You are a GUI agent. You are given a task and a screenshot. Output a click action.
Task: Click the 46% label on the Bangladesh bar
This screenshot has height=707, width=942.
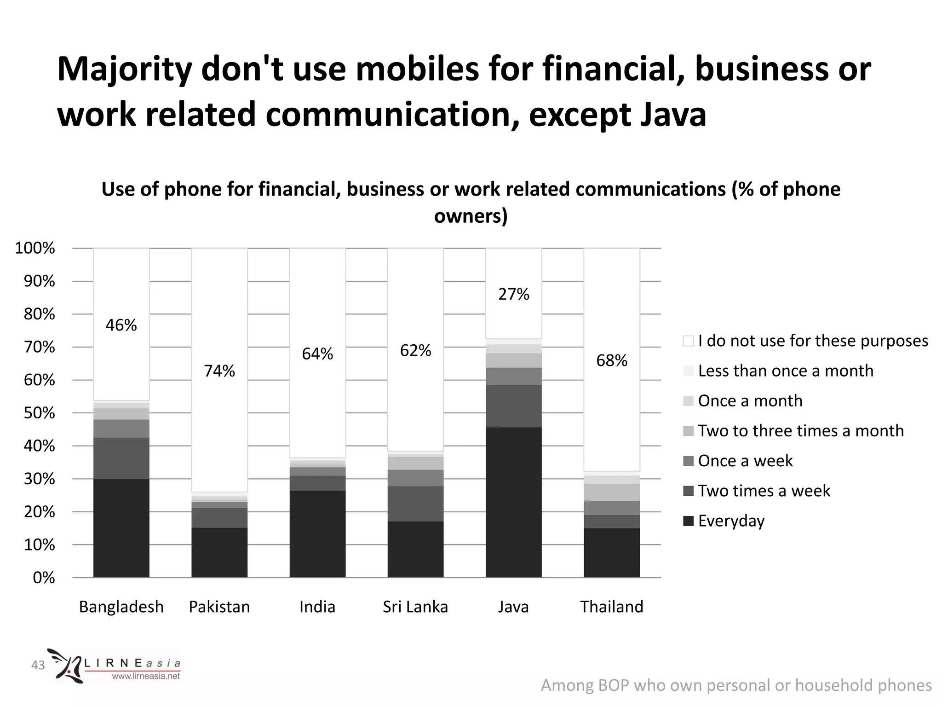tap(121, 325)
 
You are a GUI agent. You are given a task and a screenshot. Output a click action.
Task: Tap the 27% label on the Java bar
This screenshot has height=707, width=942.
tap(514, 294)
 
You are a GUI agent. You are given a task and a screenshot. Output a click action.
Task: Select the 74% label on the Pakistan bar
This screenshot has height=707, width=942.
tap(219, 371)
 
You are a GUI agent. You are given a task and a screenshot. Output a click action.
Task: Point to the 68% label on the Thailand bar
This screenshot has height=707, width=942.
tap(612, 360)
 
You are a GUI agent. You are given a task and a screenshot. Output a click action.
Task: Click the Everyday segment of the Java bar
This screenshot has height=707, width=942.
tap(513, 502)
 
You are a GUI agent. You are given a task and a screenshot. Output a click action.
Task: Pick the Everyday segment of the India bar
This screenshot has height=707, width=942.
tap(317, 534)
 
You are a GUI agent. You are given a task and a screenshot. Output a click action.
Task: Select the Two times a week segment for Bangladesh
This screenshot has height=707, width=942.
tap(121, 458)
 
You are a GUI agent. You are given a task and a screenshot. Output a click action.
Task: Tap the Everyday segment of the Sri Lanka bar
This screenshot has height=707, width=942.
tap(415, 549)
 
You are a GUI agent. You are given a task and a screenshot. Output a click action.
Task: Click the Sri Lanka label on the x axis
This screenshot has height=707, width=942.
tap(415, 607)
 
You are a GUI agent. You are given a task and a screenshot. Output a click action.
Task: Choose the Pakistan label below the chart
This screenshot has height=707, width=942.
tap(219, 607)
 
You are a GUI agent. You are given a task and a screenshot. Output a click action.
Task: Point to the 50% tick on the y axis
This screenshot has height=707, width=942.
tap(40, 413)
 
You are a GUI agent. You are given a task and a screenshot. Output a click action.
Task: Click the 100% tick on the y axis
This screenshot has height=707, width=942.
tap(35, 248)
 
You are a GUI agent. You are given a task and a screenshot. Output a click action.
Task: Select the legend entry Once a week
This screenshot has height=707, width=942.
tap(745, 461)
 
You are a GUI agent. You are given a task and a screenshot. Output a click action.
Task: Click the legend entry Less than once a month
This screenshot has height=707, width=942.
tap(785, 371)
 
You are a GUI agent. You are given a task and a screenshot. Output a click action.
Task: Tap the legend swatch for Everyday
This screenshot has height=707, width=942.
tap(688, 521)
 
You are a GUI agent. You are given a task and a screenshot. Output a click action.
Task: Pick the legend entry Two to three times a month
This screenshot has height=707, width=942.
tap(800, 431)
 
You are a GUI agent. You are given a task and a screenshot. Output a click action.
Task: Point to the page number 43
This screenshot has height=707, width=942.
tap(38, 665)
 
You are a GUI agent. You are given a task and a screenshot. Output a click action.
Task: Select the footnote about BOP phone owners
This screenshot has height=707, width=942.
tap(736, 685)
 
